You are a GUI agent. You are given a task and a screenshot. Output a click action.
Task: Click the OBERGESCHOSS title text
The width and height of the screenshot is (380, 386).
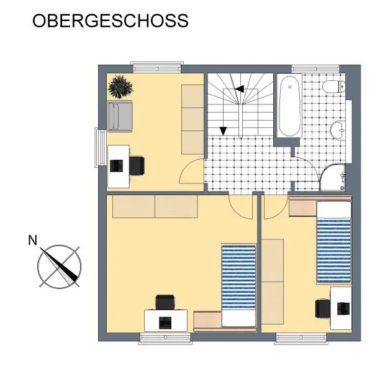click(111, 21)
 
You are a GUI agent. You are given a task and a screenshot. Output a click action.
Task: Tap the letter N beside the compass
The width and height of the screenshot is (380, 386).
click(33, 241)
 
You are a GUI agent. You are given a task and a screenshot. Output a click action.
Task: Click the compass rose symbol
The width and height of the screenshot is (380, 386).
click(59, 267)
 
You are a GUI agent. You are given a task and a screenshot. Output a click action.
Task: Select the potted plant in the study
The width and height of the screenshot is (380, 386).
click(120, 86)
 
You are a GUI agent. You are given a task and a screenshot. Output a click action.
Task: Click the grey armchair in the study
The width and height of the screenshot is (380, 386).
click(120, 116)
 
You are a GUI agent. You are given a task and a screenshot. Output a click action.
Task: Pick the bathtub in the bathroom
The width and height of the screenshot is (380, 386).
click(290, 106)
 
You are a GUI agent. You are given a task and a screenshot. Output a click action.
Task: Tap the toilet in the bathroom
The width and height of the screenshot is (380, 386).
click(334, 86)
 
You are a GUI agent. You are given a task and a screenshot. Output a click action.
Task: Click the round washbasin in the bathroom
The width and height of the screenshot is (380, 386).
click(337, 131)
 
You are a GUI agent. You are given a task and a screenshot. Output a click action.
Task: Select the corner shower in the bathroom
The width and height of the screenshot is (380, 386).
click(333, 177)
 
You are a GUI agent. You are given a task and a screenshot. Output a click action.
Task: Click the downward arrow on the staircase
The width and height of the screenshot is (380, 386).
click(223, 131)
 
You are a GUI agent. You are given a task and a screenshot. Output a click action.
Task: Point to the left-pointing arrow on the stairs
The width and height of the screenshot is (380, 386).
click(239, 89)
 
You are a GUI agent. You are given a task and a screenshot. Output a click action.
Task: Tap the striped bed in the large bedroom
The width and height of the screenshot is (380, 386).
click(238, 285)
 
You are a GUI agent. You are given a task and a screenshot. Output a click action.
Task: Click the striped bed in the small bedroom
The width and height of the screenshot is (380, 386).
click(334, 242)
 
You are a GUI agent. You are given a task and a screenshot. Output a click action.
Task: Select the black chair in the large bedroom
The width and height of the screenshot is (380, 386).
click(165, 302)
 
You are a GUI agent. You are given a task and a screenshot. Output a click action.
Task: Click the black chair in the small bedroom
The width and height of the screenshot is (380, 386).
click(323, 308)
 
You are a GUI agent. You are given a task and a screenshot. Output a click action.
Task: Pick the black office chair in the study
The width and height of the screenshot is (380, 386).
click(137, 166)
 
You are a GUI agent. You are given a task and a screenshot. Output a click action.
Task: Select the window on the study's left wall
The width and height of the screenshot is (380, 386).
click(101, 147)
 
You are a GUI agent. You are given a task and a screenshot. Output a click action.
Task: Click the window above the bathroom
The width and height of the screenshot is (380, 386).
click(315, 68)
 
